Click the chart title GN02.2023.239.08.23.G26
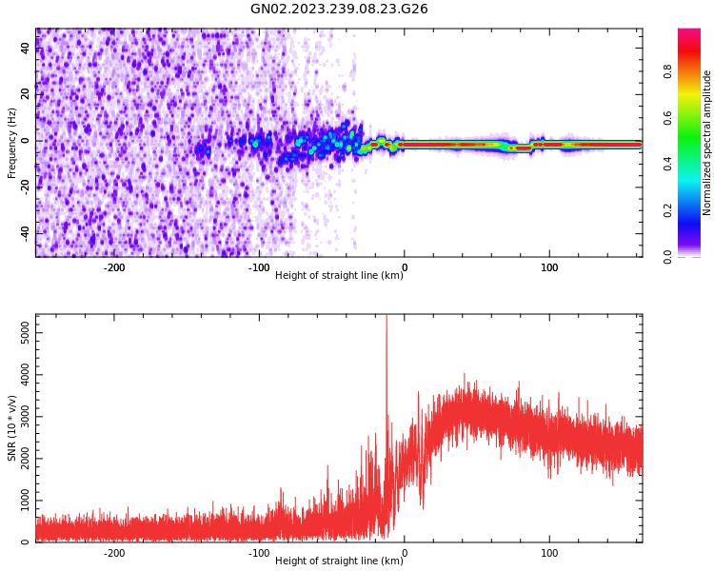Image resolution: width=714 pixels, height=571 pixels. tap(339, 9)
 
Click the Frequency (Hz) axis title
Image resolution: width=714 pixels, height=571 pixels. tap(12, 143)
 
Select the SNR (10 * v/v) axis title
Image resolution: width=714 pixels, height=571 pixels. tap(12, 428)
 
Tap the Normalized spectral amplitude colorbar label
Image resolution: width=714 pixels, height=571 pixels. tap(707, 143)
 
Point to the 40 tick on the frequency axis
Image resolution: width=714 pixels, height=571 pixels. tap(26, 48)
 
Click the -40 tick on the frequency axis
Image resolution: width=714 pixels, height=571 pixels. tap(26, 233)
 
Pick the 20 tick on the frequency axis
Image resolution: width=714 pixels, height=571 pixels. tap(26, 94)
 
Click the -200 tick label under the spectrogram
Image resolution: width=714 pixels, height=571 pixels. tap(114, 267)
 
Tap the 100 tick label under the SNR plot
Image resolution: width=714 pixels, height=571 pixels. tap(549, 553)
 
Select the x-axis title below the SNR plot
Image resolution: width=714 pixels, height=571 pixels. tap(338, 561)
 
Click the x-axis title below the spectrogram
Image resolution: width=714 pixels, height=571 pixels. tap(338, 276)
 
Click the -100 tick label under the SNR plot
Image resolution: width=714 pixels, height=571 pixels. tap(259, 553)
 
